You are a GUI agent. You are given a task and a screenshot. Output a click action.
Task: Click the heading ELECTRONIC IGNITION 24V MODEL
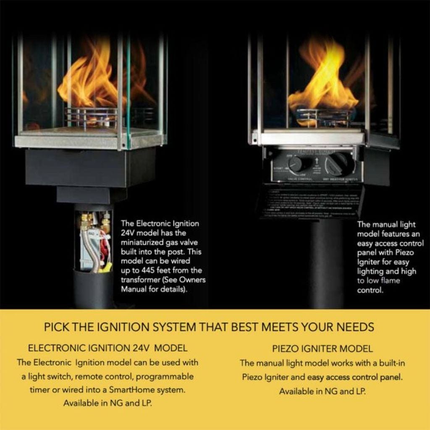click(x=107, y=348)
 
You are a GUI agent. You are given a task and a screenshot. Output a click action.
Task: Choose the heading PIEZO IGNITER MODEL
click(x=322, y=349)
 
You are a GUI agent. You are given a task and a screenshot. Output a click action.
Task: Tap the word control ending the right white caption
click(x=370, y=290)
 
